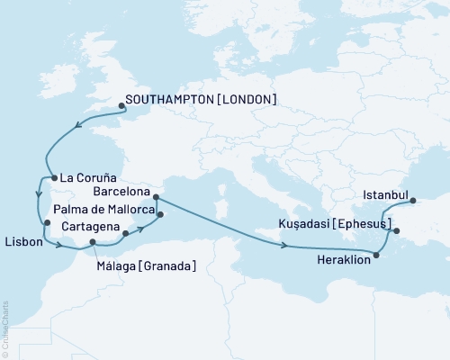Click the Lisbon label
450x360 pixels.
[x=22, y=242]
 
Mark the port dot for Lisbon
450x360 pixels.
[x=46, y=223]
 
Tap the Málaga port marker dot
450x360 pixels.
[x=94, y=242]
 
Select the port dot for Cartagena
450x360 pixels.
[x=125, y=234]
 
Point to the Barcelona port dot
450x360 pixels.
[x=156, y=196]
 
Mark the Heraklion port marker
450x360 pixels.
[x=376, y=256]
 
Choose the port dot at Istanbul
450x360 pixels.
[x=413, y=202]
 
